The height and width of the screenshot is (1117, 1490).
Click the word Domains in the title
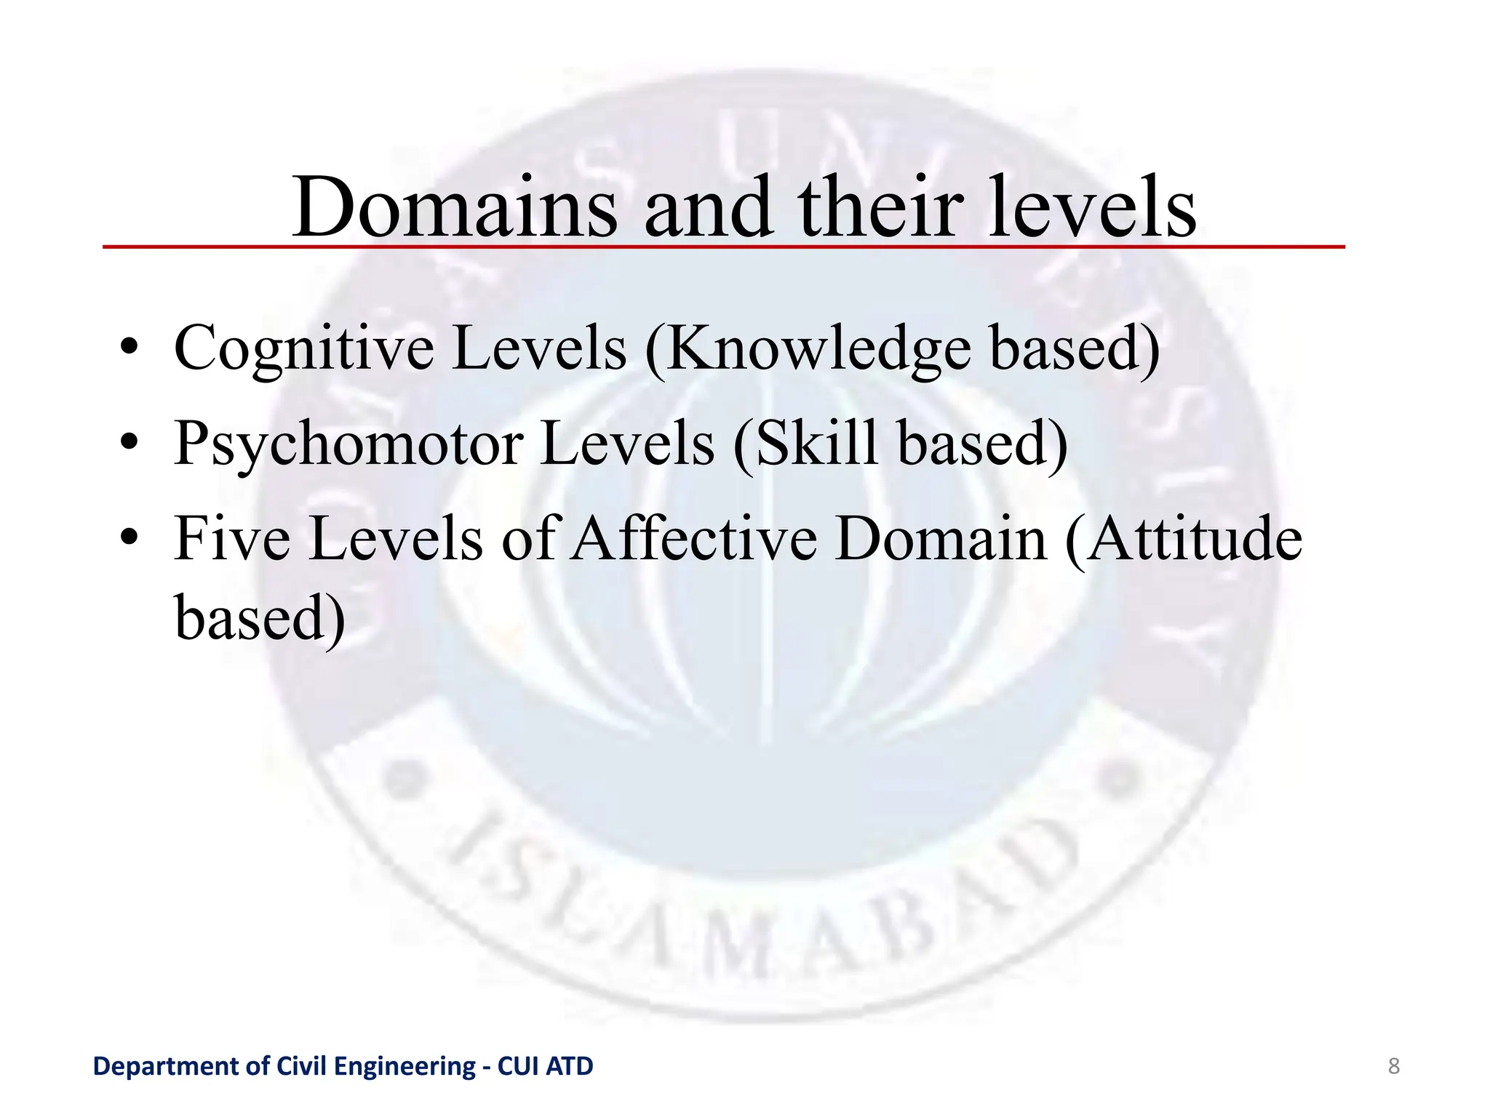[455, 208]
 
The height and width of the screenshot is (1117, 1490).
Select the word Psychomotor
[348, 444]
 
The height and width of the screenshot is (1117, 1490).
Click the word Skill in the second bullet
[816, 443]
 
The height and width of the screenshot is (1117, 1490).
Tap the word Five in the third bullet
[232, 539]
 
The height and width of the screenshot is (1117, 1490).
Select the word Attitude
[1193, 539]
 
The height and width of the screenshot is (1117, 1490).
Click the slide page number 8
[1394, 1066]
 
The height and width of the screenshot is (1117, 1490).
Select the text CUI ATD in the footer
[545, 1066]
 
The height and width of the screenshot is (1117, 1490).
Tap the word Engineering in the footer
[405, 1066]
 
